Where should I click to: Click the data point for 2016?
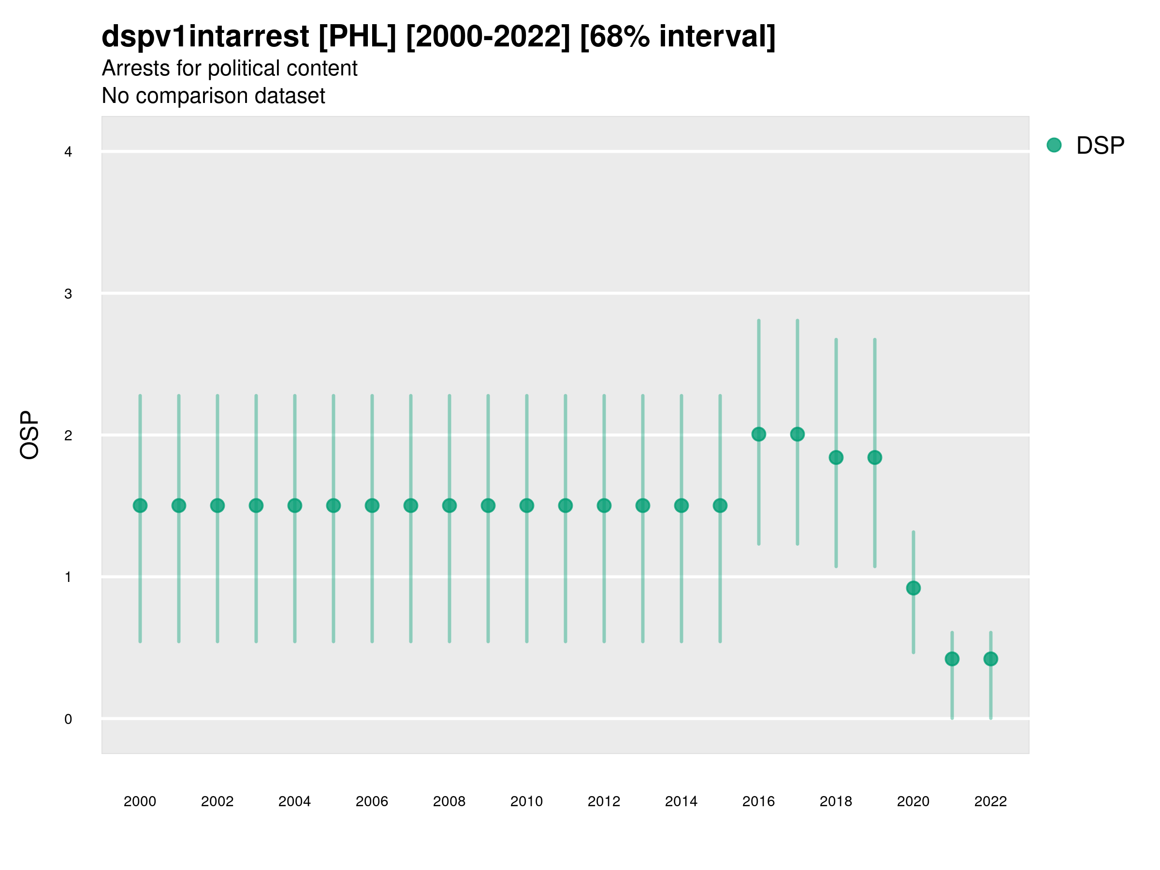(x=758, y=434)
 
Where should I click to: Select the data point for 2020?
(x=913, y=588)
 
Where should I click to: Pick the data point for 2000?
(x=140, y=506)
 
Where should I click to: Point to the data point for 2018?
(x=836, y=457)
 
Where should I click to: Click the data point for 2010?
(x=526, y=506)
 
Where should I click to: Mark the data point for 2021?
(x=952, y=659)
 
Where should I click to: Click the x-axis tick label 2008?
(x=449, y=801)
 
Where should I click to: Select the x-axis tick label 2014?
(x=681, y=801)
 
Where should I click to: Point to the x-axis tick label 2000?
(x=140, y=801)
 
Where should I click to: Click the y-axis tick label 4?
(x=68, y=152)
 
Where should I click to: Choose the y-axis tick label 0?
(x=68, y=719)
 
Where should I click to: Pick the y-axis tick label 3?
(x=68, y=294)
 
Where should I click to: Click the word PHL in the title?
(x=357, y=37)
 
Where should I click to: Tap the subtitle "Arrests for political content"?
(x=229, y=68)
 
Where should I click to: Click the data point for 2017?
(x=797, y=434)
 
